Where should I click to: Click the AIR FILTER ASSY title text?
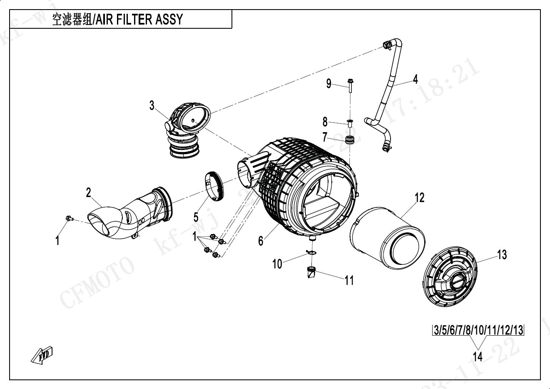pos(117,20)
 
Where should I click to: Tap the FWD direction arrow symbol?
pos(42,354)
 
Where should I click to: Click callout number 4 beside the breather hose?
pos(415,79)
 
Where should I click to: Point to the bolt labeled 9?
pos(349,86)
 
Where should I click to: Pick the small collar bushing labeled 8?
pos(350,122)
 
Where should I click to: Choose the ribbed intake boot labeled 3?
pos(187,128)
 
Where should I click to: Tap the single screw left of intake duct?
pos(69,218)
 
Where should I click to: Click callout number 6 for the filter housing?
pos(261,241)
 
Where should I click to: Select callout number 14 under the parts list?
pos(478,357)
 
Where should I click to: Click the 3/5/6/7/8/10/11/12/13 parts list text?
pos(478,331)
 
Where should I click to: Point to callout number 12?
pos(419,197)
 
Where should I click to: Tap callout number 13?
pos(502,254)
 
